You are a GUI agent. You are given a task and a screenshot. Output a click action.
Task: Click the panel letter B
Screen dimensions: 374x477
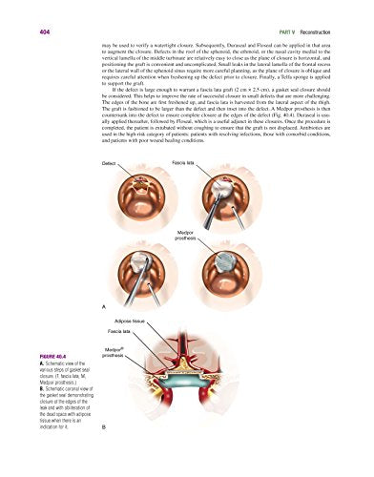click(x=103, y=454)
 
